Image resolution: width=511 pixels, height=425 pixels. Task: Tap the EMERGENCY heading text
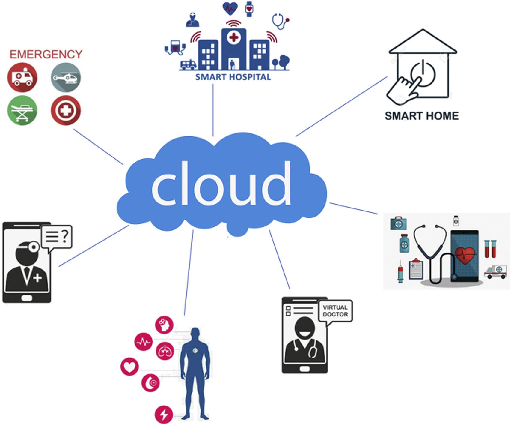46,55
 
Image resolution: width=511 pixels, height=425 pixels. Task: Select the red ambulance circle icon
22,77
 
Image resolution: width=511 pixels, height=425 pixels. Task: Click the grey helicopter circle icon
66,77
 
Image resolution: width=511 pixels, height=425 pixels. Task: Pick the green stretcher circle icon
22,110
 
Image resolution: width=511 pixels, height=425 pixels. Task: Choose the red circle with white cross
66,110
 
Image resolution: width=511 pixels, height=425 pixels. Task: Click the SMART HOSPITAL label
233,77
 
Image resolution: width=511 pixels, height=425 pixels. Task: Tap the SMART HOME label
421,116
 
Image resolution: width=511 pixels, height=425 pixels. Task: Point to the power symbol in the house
423,74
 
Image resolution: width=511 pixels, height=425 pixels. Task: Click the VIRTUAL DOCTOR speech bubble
335,311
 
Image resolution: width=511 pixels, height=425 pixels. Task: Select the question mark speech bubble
57,236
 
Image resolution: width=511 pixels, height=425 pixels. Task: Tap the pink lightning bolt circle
164,415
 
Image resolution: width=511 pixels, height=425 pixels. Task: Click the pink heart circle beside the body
129,367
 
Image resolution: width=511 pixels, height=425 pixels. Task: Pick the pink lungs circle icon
165,351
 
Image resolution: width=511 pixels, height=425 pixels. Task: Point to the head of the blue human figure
195,334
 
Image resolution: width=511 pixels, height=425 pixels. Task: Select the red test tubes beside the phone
491,249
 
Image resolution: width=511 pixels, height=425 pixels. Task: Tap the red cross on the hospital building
233,38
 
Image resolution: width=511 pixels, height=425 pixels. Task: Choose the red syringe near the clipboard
400,271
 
